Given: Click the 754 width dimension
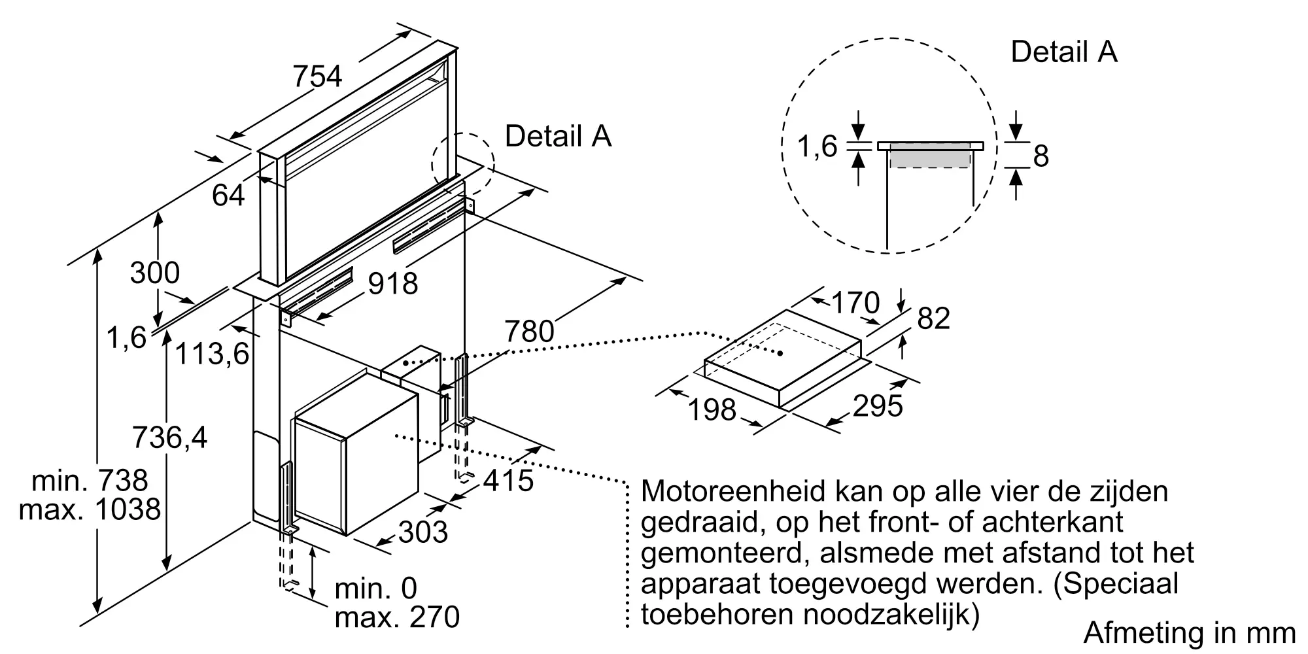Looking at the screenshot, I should (x=317, y=77).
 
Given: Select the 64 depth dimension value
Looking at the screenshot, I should (x=228, y=195).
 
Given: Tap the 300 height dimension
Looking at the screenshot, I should (x=154, y=273).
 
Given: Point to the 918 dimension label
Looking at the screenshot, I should (x=392, y=284).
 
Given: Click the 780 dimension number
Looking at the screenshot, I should (x=529, y=332).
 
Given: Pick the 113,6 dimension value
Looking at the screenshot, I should (x=213, y=354).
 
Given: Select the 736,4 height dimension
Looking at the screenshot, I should (x=169, y=438).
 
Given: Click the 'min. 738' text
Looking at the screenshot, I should (x=90, y=481).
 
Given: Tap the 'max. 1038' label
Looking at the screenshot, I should (x=90, y=509).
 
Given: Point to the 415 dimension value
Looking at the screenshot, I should (x=509, y=481).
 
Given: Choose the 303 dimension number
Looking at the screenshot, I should (x=422, y=532).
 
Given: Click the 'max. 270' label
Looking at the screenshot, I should (x=397, y=617).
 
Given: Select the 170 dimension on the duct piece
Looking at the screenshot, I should (x=855, y=303).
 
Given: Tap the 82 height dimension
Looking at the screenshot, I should (x=933, y=318).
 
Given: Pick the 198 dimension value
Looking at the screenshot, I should (x=712, y=410).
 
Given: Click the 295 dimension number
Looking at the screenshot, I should (x=878, y=406).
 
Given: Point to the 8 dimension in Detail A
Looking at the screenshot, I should (x=1041, y=156).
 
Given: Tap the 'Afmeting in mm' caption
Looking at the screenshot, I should (x=1189, y=632).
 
